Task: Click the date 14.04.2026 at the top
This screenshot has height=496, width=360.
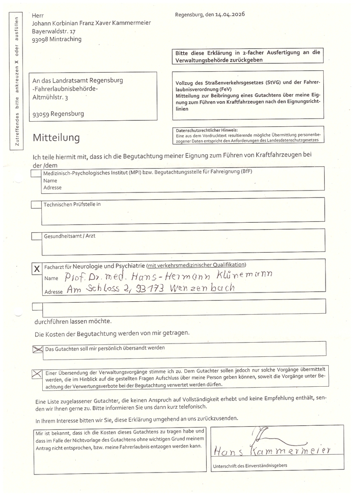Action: [x=230, y=15]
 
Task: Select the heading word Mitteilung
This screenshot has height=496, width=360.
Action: [x=56, y=137]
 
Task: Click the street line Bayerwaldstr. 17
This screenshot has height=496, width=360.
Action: [x=54, y=31]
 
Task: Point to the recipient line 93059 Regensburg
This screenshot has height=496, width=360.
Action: [x=58, y=113]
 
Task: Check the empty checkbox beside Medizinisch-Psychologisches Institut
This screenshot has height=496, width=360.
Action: [x=36, y=174]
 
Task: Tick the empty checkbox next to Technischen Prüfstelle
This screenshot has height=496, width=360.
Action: [x=36, y=205]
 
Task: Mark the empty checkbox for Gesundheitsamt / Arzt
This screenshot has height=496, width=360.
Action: [x=36, y=237]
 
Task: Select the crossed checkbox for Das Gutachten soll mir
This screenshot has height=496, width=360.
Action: [x=37, y=349]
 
